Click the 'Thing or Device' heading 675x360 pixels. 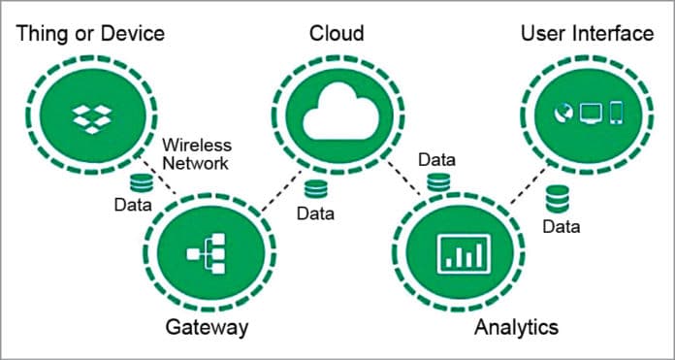pyautogui.click(x=90, y=34)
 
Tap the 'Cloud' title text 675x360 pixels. pyautogui.click(x=336, y=34)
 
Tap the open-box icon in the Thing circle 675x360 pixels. pyautogui.click(x=91, y=117)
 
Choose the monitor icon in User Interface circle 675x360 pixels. pyautogui.click(x=591, y=113)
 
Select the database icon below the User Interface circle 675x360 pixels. pyautogui.click(x=557, y=201)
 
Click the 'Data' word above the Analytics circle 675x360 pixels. pyautogui.click(x=436, y=158)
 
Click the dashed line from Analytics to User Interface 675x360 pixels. pyautogui.click(x=523, y=191)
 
